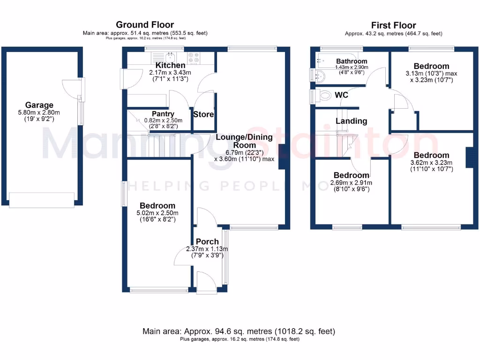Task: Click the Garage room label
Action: [39, 105]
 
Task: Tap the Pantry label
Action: [163, 114]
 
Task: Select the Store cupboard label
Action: [203, 114]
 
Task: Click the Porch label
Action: [207, 241]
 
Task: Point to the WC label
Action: [341, 95]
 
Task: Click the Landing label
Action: [352, 121]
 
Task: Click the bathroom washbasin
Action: [320, 75]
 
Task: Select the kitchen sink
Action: [170, 57]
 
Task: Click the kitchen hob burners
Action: [194, 57]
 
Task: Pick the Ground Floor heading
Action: [145, 24]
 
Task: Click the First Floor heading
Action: [394, 25]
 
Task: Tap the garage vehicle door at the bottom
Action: [42, 200]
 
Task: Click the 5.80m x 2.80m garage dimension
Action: [39, 112]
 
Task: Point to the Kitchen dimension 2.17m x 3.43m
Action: [170, 73]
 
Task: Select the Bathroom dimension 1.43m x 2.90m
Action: [352, 67]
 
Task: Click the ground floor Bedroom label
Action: [157, 205]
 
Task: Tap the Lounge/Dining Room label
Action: [244, 141]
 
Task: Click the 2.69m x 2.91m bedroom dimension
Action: [352, 183]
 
